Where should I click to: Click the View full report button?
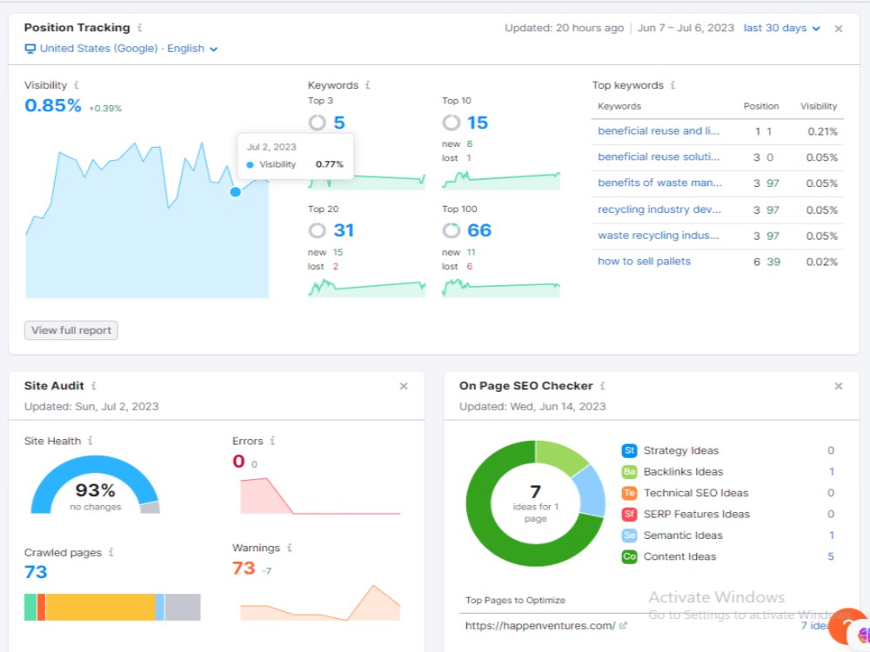71,330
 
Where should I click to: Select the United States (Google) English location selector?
122,49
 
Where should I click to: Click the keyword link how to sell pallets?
644,262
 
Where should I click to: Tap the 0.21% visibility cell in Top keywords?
822,132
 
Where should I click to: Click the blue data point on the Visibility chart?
235,192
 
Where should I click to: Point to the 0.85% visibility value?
53,105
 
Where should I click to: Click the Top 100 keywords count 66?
479,230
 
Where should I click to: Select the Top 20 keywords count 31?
344,230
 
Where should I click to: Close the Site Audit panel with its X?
404,387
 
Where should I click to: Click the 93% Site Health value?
96,490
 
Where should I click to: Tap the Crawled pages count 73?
36,572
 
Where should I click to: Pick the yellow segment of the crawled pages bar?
100,607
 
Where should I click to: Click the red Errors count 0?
238,462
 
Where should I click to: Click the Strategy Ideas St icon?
629,450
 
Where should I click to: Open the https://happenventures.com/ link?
540,626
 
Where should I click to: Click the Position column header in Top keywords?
760,106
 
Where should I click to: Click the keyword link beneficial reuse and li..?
658,131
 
